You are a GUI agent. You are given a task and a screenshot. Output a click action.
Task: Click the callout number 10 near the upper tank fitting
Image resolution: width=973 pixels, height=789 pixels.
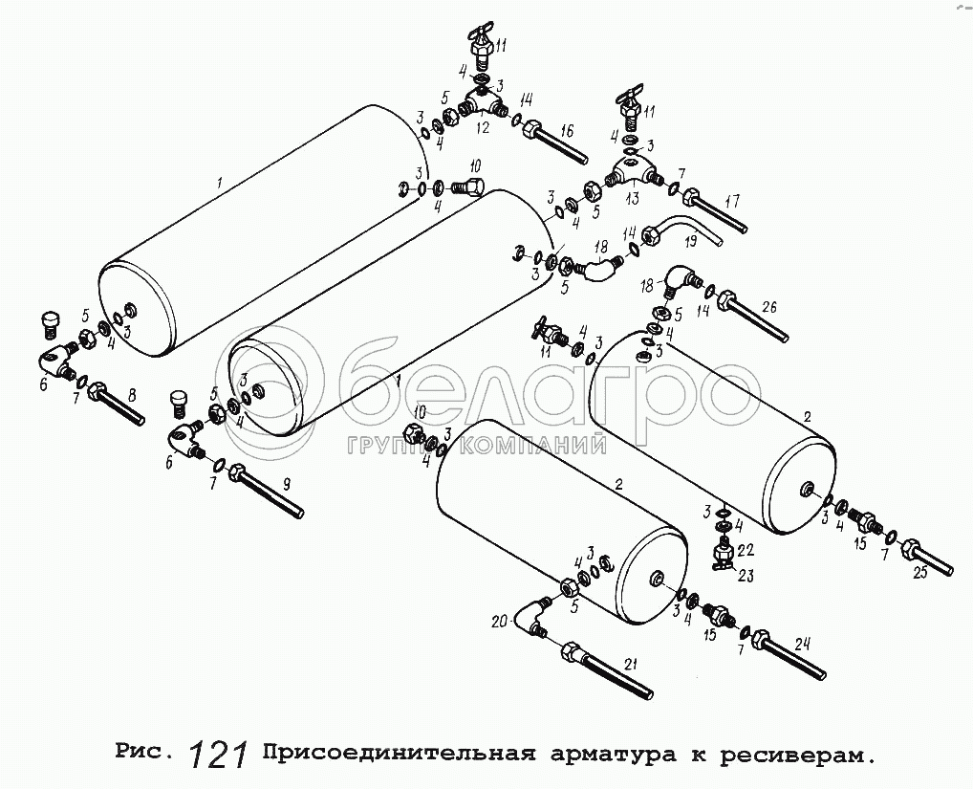point(475,165)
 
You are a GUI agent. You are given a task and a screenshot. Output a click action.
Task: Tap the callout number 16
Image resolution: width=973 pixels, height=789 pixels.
point(567,130)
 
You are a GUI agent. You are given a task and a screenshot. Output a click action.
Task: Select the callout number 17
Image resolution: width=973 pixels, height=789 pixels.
point(732,202)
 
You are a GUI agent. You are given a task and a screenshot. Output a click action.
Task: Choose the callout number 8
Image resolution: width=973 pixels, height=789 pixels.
point(132,393)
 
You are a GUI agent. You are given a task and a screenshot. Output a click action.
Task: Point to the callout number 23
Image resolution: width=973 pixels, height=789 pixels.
point(746,575)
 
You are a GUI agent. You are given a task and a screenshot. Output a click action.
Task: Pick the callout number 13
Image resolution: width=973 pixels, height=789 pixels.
point(631,199)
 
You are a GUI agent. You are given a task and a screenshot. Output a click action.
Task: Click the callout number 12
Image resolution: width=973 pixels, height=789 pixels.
point(483,127)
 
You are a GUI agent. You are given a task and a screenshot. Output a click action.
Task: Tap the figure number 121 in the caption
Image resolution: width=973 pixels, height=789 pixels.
point(219,756)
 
